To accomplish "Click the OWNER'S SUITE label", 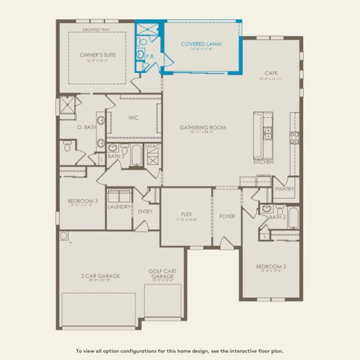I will (98, 55).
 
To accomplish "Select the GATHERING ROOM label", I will (202, 127).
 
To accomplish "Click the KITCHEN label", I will (263, 163).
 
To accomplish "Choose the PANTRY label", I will (284, 188).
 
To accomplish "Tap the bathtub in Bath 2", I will (293, 217).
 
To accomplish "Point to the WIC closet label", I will (133, 118).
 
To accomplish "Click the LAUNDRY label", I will (119, 206).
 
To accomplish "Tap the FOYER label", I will (227, 216).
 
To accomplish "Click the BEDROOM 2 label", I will (271, 266).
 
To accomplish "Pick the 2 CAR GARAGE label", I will (100, 276).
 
